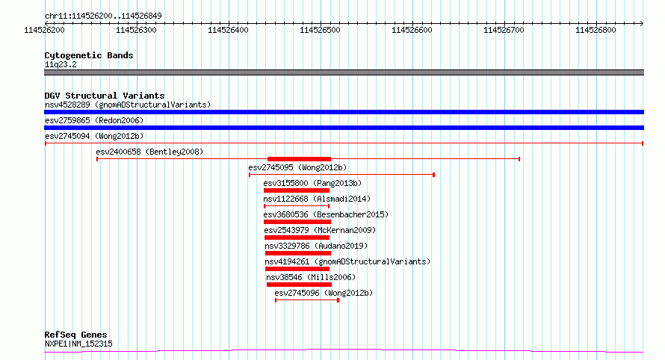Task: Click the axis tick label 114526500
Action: point(320,30)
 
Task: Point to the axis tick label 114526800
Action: point(596,30)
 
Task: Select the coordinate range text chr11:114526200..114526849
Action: point(103,16)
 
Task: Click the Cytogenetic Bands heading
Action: point(89,55)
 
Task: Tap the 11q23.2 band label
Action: point(61,64)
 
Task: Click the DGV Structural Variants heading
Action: point(105,96)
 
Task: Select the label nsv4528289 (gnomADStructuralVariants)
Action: point(128,105)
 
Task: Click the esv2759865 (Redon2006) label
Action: point(94,120)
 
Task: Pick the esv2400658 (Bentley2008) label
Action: point(149,152)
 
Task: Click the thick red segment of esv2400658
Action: point(299,159)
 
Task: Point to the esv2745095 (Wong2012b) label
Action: point(297,167)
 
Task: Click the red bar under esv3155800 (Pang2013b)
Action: point(297,190)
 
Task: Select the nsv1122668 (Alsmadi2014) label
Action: point(317,199)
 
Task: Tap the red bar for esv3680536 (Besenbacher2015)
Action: point(297,222)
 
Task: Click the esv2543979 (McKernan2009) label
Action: point(320,230)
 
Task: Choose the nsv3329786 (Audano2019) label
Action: point(316,246)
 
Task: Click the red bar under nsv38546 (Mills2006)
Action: point(299,285)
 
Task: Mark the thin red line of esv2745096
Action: point(307,300)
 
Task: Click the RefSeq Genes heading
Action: point(76,335)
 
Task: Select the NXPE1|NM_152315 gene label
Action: point(78,344)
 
